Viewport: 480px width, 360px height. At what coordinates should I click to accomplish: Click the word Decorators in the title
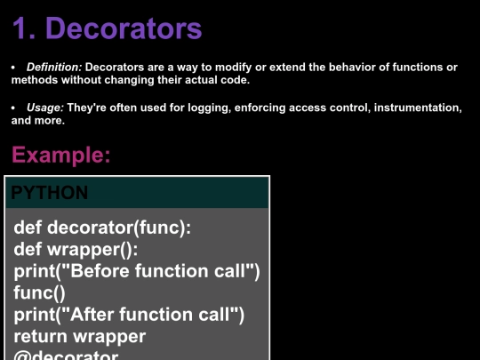coord(124,28)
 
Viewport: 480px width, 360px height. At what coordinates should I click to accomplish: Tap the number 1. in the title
coord(23,28)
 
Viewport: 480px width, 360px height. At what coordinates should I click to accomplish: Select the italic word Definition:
coord(54,68)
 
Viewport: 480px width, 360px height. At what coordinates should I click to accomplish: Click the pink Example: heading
coord(61,156)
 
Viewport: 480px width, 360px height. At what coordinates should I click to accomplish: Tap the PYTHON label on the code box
coord(50,192)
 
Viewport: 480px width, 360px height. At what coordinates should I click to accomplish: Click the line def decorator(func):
coord(102,228)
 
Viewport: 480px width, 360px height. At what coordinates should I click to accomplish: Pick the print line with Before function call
coord(137,270)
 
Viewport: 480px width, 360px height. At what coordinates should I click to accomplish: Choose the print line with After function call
coord(129,314)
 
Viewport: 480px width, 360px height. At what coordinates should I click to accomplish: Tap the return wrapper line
coord(80,335)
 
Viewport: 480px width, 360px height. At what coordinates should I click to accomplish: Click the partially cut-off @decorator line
coord(67,355)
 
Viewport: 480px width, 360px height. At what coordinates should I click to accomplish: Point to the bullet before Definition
coord(13,68)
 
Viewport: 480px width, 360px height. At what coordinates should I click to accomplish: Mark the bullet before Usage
coord(13,108)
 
